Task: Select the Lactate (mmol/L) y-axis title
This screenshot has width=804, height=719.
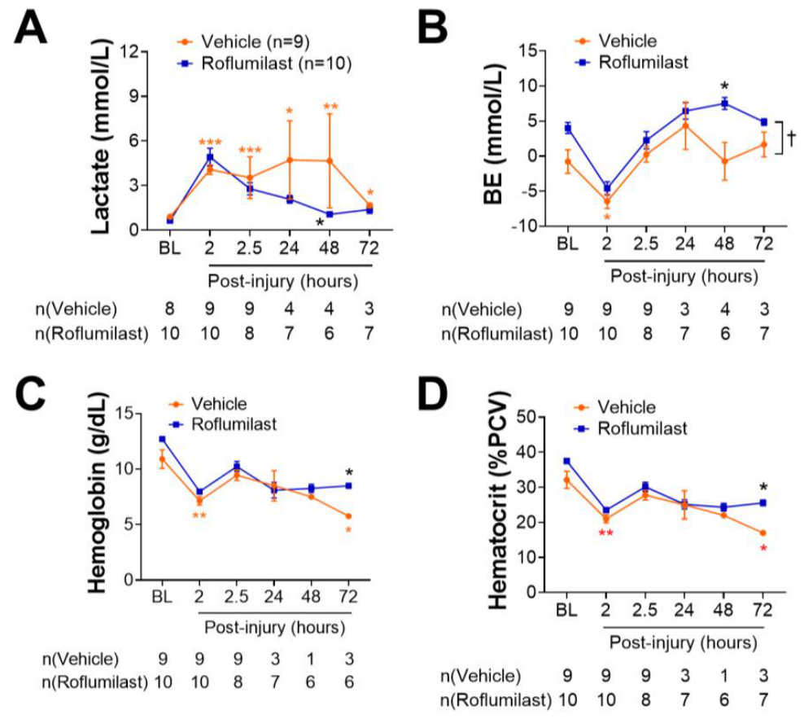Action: pos(101,137)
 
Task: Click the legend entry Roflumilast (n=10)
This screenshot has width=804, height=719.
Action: pos(264,64)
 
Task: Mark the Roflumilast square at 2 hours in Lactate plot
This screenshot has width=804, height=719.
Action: pos(209,157)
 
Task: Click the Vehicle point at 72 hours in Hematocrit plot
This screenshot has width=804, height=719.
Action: pos(763,533)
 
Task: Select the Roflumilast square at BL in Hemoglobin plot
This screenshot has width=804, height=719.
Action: pos(162,440)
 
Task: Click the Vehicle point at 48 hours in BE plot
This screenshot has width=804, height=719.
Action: pos(724,160)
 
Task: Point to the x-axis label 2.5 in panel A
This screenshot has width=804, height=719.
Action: pos(249,248)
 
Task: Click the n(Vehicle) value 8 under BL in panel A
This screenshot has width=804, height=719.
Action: pos(170,309)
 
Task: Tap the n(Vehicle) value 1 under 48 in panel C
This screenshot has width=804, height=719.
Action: pos(311,660)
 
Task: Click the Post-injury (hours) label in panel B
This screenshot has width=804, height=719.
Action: pos(684,277)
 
